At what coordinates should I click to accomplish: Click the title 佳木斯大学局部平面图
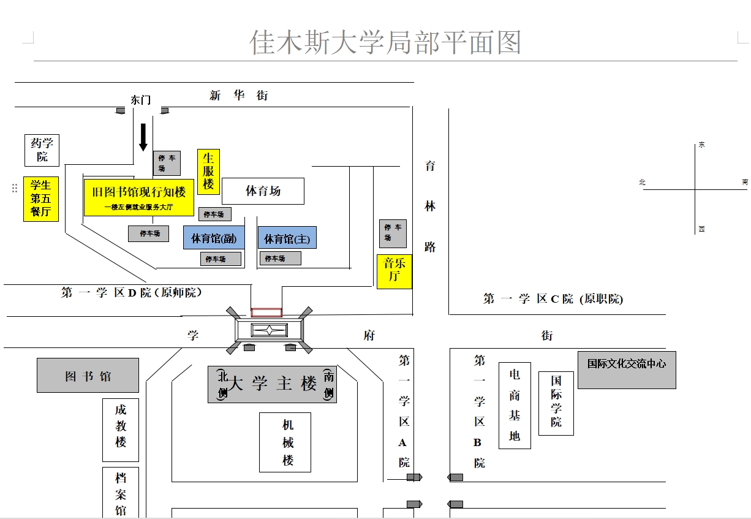pyautogui.click(x=385, y=42)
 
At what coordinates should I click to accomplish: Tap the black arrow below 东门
pyautogui.click(x=143, y=137)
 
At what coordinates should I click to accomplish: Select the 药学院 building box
pyautogui.click(x=42, y=150)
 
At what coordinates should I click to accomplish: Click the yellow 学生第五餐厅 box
pyautogui.click(x=41, y=199)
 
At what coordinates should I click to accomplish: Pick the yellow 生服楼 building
pyautogui.click(x=208, y=172)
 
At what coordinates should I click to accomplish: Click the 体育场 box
pyautogui.click(x=263, y=191)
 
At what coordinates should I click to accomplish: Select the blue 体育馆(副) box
pyautogui.click(x=214, y=238)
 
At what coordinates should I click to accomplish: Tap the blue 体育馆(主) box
pyautogui.click(x=287, y=238)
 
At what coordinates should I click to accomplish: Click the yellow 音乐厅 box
pyautogui.click(x=394, y=271)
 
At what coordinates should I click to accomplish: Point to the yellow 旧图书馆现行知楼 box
pyautogui.click(x=138, y=197)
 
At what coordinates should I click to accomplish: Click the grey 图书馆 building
pyautogui.click(x=88, y=376)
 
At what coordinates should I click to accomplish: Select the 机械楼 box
pyautogui.click(x=285, y=442)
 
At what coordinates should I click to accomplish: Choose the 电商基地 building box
pyautogui.click(x=515, y=406)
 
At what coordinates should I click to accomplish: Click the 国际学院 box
pyautogui.click(x=556, y=403)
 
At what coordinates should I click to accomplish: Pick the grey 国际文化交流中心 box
pyautogui.click(x=627, y=369)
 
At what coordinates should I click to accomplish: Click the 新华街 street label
pyautogui.click(x=238, y=96)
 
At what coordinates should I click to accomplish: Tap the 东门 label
pyautogui.click(x=140, y=100)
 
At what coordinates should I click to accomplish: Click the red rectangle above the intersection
pyautogui.click(x=266, y=313)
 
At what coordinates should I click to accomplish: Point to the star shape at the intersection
pyautogui.click(x=270, y=330)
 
